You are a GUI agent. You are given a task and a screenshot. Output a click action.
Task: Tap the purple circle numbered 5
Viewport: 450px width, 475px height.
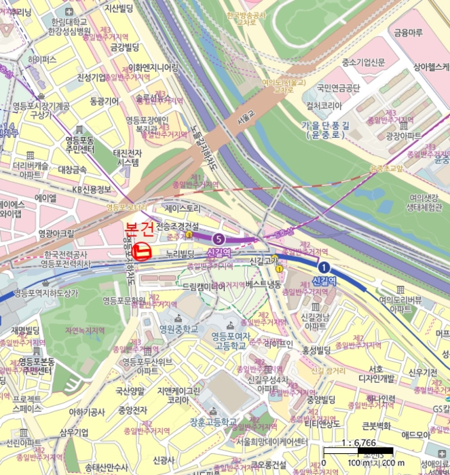pyautogui.click(x=217, y=238)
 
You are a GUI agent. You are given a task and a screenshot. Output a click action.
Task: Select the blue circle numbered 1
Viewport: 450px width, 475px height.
pyautogui.click(x=324, y=267)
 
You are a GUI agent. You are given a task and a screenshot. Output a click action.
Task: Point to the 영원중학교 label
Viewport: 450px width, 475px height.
pyautogui.click(x=179, y=329)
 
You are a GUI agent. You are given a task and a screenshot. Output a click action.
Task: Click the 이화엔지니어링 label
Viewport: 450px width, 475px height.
pyautogui.click(x=153, y=67)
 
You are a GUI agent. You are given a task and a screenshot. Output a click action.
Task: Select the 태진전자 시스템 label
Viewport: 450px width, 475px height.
pyautogui.click(x=128, y=157)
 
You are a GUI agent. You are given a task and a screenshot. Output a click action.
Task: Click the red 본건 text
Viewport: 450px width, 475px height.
pyautogui.click(x=140, y=229)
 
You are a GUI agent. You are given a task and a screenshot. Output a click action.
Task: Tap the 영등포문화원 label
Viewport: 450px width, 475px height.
pyautogui.click(x=125, y=300)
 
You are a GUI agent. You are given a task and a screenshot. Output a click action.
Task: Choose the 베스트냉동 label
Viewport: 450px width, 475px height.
pyautogui.click(x=263, y=285)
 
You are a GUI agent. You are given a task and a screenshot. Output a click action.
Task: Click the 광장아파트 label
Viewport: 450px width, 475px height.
pyautogui.click(x=403, y=136)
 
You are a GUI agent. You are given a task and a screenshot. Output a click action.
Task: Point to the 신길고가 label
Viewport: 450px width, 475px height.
pyautogui.click(x=265, y=260)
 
